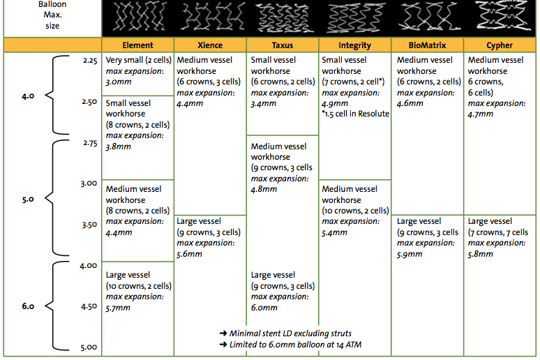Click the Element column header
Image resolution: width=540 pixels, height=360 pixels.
click(x=137, y=45)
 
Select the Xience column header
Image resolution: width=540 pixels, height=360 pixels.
click(x=210, y=45)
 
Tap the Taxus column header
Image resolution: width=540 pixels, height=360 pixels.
click(x=283, y=45)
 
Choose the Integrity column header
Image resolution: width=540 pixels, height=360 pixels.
click(x=354, y=45)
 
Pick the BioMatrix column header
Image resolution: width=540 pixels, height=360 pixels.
click(x=427, y=45)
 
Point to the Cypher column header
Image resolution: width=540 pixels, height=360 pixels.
click(x=500, y=45)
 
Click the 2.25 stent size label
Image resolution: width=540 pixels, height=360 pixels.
click(x=90, y=61)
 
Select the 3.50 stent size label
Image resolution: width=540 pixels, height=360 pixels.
click(x=89, y=225)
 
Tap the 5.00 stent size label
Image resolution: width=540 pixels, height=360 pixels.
click(x=89, y=347)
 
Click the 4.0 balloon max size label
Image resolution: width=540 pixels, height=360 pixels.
click(x=28, y=96)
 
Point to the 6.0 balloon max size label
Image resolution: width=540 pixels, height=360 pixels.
click(x=28, y=306)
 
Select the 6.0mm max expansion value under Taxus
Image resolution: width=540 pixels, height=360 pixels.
click(x=264, y=308)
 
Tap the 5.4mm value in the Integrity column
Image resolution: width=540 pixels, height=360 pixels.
click(x=334, y=232)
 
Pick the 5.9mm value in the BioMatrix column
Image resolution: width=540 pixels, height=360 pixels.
click(x=410, y=254)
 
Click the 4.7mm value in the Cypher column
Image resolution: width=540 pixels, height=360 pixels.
click(x=481, y=114)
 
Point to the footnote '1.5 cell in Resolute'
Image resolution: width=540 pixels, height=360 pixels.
click(x=356, y=114)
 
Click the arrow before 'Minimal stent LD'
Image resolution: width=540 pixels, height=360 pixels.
click(x=223, y=333)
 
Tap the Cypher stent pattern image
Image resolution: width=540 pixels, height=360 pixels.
click(x=502, y=16)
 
